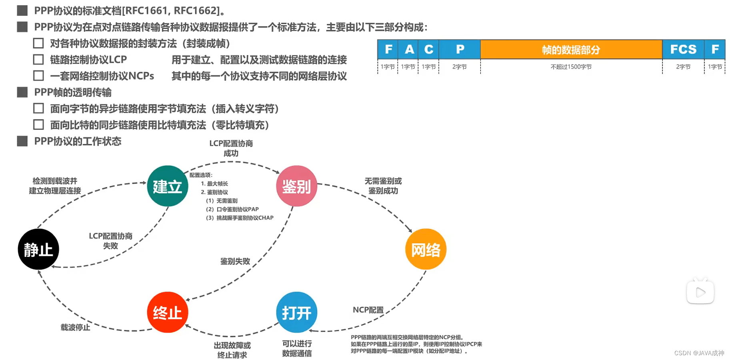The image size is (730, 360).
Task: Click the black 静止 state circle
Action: [x=38, y=249]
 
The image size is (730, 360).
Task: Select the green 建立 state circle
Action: [x=168, y=186]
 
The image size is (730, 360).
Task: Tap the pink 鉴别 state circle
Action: [x=296, y=186]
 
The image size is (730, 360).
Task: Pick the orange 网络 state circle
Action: [x=426, y=249]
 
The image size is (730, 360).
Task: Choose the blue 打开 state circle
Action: [x=296, y=312]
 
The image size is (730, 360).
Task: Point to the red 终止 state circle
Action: [x=168, y=312]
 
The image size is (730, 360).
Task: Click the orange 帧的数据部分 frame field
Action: [x=571, y=50]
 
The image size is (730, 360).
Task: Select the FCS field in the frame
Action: [x=683, y=50]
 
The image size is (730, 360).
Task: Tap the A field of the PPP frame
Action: [x=409, y=50]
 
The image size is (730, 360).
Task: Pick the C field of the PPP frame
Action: [x=428, y=50]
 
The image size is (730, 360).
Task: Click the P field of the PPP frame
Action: [x=460, y=50]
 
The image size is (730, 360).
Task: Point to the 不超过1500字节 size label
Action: [x=571, y=67]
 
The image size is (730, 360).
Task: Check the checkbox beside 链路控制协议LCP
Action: [x=38, y=60]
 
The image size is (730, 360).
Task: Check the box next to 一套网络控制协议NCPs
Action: [x=38, y=76]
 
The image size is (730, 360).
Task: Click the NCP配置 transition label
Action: [x=368, y=310]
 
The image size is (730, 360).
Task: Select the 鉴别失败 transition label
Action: [x=235, y=261]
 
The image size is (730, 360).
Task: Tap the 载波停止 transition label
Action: [x=75, y=327]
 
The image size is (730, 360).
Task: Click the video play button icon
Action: [x=700, y=292]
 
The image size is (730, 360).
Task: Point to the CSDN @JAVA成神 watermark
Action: [x=699, y=353]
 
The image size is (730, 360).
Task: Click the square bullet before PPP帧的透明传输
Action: [x=22, y=92]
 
